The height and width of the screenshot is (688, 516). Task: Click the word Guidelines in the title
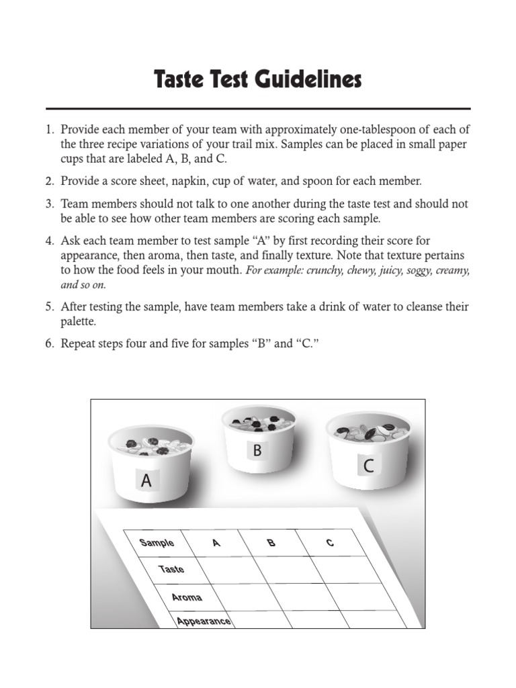point(308,81)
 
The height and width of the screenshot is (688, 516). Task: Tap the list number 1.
point(50,130)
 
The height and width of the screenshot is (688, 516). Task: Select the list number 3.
point(50,204)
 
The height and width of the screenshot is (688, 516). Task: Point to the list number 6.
point(50,343)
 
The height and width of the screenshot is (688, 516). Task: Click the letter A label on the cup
point(146,481)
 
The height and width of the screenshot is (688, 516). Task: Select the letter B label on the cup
point(257,451)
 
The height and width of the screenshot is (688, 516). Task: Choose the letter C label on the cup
point(369,466)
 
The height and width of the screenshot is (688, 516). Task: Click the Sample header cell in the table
point(157,543)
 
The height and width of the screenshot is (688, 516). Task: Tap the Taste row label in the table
point(171,569)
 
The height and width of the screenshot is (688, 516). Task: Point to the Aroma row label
point(186,597)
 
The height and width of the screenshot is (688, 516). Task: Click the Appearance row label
point(204,621)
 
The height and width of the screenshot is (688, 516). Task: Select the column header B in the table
point(271,543)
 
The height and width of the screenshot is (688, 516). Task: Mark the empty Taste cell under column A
point(227,570)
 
